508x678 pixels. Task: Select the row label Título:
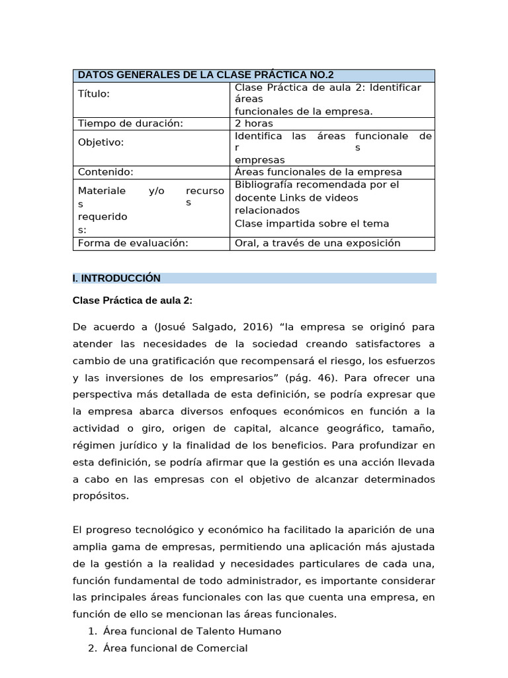tap(94, 93)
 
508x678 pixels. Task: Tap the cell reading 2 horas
tap(254, 123)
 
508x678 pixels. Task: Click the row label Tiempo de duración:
tap(130, 123)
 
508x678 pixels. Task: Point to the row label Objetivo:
tap(101, 142)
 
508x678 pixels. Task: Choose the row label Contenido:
tap(106, 172)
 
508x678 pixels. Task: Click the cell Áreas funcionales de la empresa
tap(318, 172)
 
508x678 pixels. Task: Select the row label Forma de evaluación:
tap(133, 243)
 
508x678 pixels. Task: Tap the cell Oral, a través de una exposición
tap(317, 243)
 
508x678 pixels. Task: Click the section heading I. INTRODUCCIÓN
tap(116, 278)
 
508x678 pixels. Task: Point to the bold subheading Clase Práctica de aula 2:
tap(132, 301)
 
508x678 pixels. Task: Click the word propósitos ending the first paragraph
tap(101, 495)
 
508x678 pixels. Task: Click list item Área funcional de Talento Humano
tap(192, 631)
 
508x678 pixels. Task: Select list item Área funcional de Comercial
tap(175, 648)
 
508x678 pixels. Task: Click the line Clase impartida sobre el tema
tap(312, 223)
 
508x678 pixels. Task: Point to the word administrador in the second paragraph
tap(269, 581)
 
